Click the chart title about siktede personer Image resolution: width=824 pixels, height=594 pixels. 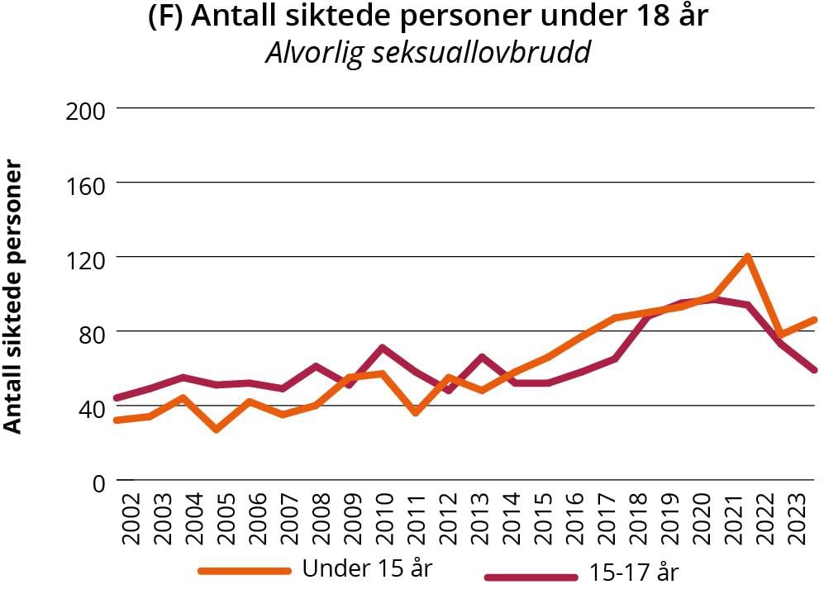coord(427,17)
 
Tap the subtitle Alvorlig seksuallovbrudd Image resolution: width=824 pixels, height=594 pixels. coord(428,53)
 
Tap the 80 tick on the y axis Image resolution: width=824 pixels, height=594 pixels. coord(88,332)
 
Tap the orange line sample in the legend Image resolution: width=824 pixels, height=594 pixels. coord(245,571)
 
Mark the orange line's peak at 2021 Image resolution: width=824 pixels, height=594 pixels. coord(747,257)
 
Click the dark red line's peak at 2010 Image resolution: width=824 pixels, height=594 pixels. coord(383,348)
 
